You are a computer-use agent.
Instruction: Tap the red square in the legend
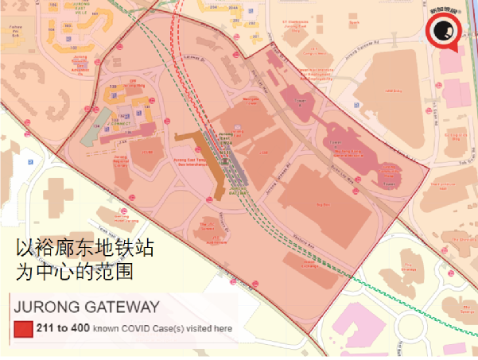pyautogui.click(x=22, y=329)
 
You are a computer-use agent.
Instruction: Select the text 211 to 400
pyautogui.click(x=62, y=328)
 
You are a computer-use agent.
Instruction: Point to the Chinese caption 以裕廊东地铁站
pyautogui.click(x=85, y=249)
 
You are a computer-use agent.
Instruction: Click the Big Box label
pyautogui.click(x=323, y=203)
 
